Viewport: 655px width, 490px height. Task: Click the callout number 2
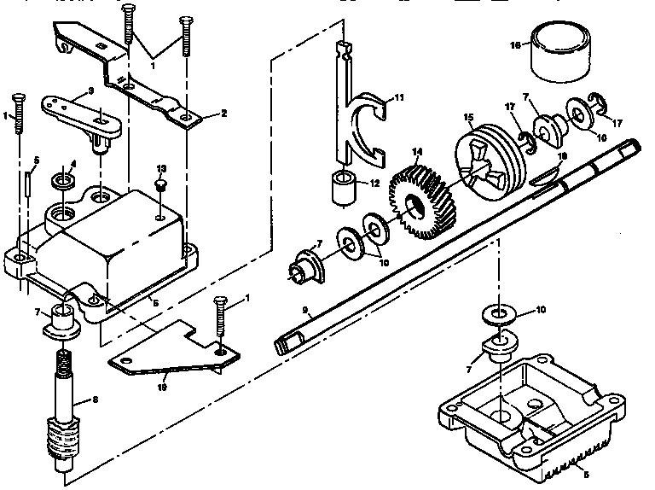click(x=223, y=113)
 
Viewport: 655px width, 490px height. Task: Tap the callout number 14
click(x=417, y=151)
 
